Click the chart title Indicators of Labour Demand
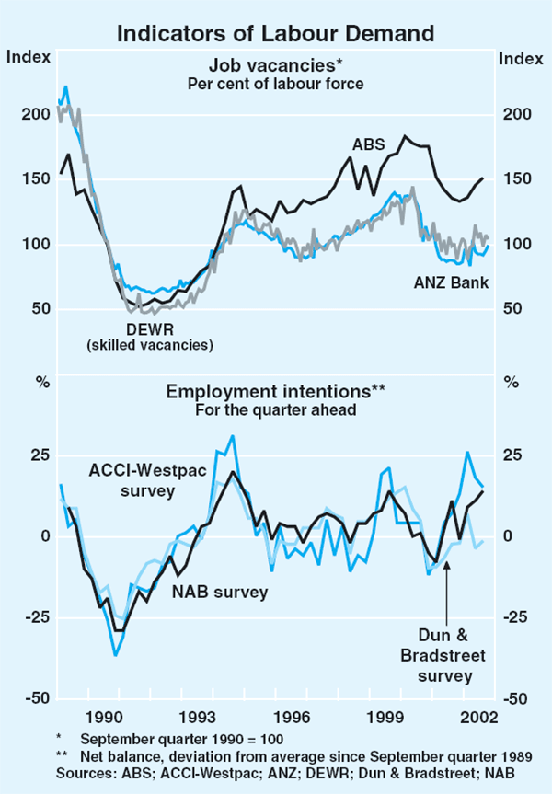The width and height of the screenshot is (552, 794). (274, 34)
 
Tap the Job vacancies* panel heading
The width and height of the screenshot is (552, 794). (276, 65)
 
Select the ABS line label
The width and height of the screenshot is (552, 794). (367, 144)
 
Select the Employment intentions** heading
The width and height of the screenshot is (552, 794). (276, 392)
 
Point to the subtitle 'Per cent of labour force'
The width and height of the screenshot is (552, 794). (276, 84)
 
